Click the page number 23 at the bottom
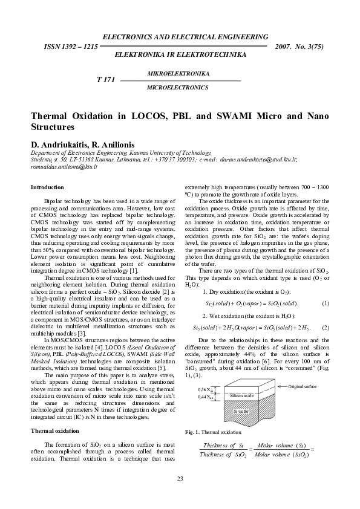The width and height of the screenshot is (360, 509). (180, 479)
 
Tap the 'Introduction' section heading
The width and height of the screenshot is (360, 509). (47, 187)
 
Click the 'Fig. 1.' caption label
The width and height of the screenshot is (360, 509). (192, 432)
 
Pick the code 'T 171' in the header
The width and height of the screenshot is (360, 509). (106, 80)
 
